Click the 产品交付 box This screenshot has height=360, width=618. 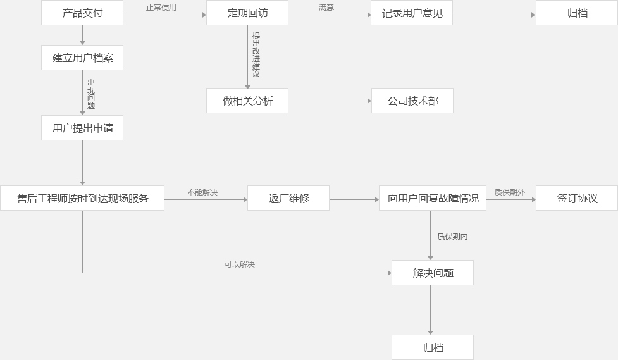pos(82,13)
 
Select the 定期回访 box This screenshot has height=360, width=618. pos(247,13)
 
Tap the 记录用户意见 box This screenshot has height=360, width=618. pos(412,13)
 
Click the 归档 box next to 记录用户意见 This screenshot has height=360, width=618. pos(577,13)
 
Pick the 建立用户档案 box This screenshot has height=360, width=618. pos(82,58)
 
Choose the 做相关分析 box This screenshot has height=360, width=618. pos(247,101)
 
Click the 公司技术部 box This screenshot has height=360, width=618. pos(412,101)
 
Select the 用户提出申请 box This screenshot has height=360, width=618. pos(82,128)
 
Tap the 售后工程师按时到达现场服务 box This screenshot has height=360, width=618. pos(82,198)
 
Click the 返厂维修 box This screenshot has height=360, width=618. pos(288,198)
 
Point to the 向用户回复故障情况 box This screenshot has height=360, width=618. pos(433,198)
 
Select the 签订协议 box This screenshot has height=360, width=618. pos(577,198)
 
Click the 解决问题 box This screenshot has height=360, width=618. pos(433,273)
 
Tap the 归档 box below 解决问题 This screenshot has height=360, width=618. pos(433,347)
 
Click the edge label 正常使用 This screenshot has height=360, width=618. pos(161,8)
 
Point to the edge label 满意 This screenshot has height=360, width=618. pos(326,8)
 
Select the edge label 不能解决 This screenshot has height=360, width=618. pos(202,192)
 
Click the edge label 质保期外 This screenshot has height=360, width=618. pos(510,192)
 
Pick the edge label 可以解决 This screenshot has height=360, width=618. pos(240,264)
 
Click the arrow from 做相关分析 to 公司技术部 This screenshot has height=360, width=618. pos(330,101)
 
